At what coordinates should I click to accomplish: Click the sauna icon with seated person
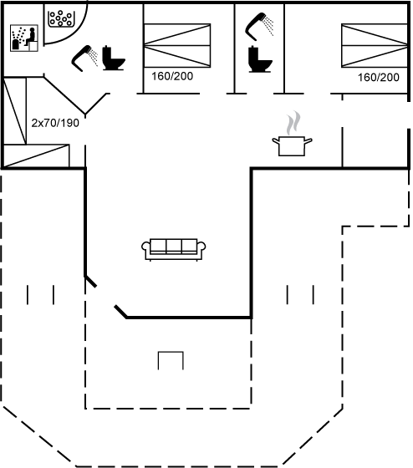click(x=24, y=38)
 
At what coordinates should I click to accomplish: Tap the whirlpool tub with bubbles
click(x=61, y=18)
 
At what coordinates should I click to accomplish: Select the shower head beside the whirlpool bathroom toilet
click(x=84, y=58)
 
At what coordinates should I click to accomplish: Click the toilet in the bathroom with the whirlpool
click(x=114, y=58)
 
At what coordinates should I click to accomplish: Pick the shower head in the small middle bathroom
click(x=259, y=27)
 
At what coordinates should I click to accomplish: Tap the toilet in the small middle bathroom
click(x=260, y=59)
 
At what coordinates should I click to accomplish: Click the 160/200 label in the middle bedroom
click(x=172, y=76)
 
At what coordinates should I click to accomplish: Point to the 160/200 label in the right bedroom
click(x=379, y=78)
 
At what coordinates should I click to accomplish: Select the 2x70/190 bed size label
click(x=55, y=123)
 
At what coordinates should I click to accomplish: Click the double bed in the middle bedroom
click(x=177, y=46)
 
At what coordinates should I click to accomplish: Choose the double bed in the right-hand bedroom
click(x=375, y=46)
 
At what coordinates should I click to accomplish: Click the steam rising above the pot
click(x=293, y=123)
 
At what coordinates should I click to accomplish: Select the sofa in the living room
click(x=174, y=250)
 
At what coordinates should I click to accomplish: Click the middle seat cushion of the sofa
click(x=174, y=247)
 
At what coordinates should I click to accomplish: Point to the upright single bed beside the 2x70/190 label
click(x=15, y=110)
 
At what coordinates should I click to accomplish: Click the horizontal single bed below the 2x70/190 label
click(x=36, y=155)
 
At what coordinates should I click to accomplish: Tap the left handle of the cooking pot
click(x=275, y=141)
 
